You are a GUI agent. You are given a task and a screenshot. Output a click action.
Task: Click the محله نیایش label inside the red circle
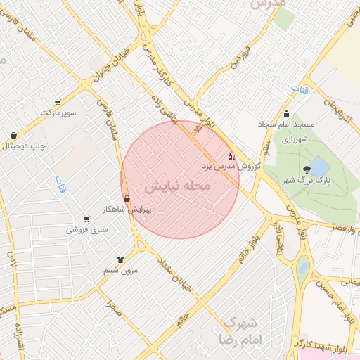pos(178,186)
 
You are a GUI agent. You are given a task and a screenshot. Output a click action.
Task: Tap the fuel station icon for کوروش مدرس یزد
pos(232,156)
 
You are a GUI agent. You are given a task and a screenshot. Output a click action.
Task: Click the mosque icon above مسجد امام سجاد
pos(286,115)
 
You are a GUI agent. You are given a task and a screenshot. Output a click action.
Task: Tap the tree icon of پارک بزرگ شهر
pos(307,169)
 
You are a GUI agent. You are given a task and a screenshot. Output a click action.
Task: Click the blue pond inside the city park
pos(319,167)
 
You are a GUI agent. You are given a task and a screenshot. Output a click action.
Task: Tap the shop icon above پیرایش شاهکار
pos(127,198)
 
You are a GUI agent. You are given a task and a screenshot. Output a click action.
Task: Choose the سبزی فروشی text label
pos(87,229)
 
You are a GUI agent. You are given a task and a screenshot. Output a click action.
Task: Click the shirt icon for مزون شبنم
pos(120,259)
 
